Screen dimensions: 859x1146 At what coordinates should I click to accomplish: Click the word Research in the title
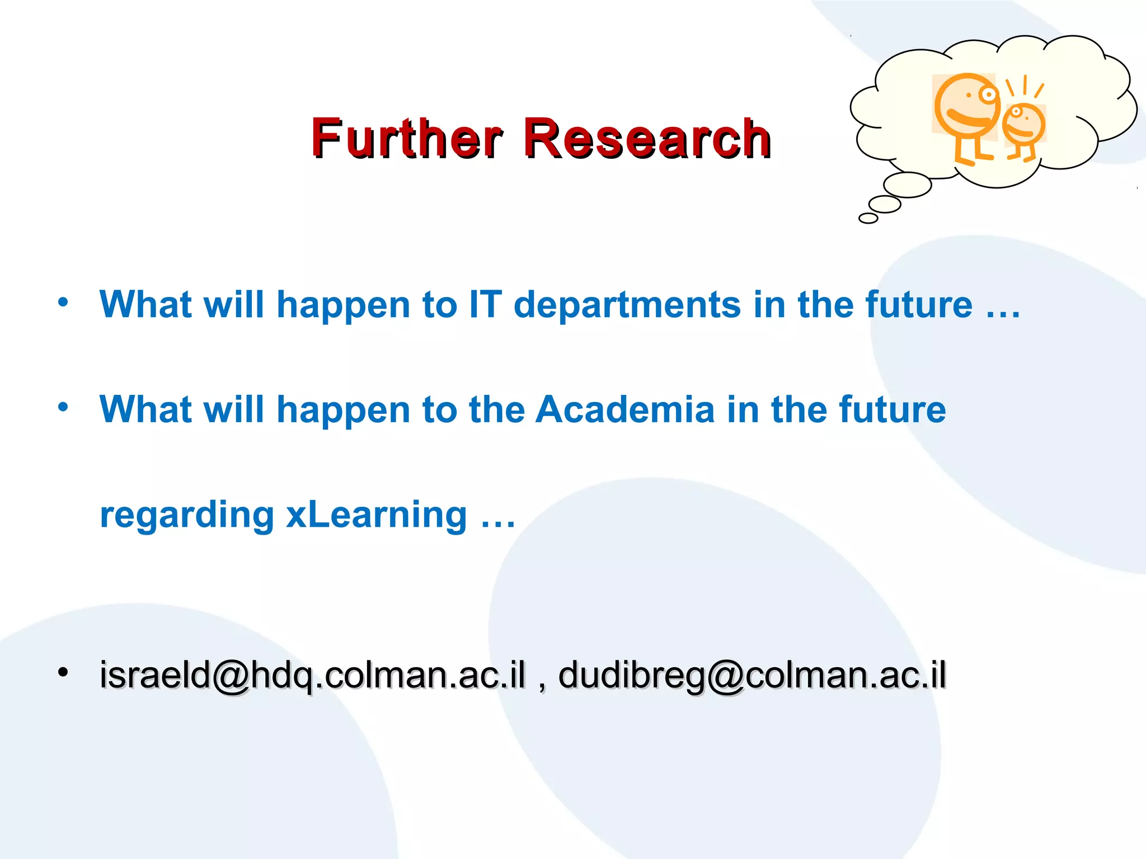(647, 138)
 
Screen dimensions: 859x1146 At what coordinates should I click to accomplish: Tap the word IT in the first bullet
(485, 305)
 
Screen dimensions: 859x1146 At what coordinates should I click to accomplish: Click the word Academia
(625, 409)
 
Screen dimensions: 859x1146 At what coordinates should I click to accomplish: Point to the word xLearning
(376, 515)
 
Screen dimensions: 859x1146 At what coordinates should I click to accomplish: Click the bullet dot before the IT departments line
(63, 302)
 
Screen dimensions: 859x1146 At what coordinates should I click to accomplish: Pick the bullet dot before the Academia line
(63, 407)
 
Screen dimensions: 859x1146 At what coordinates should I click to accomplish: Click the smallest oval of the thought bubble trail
(868, 218)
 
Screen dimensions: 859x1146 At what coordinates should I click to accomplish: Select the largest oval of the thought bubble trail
(907, 185)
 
